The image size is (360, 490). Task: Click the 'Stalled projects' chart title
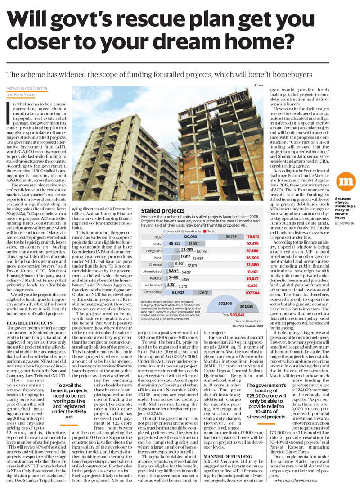pos(163,211)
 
